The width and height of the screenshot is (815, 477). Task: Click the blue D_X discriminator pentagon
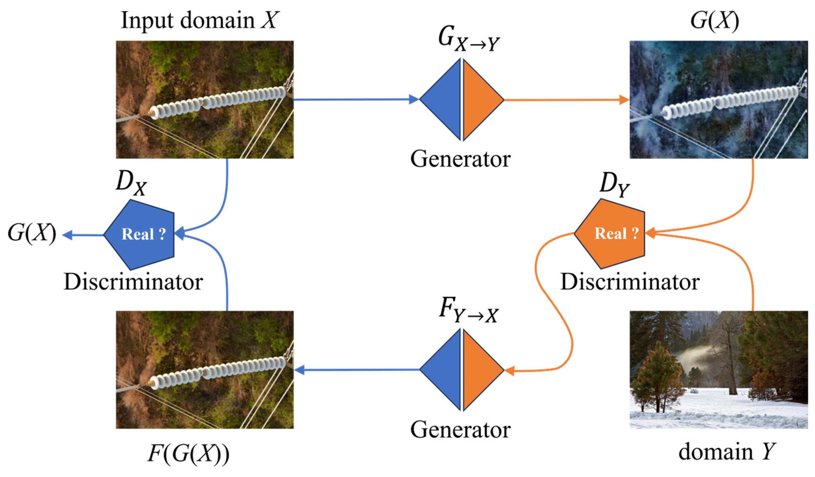tap(139, 234)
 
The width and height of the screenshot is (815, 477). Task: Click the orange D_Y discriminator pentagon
tap(610, 234)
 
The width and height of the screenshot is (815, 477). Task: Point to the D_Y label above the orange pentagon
tap(614, 185)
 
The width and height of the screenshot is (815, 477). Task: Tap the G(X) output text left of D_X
tap(32, 234)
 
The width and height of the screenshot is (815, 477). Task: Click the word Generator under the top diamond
tap(460, 159)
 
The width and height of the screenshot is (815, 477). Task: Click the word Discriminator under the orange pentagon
tap(630, 282)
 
